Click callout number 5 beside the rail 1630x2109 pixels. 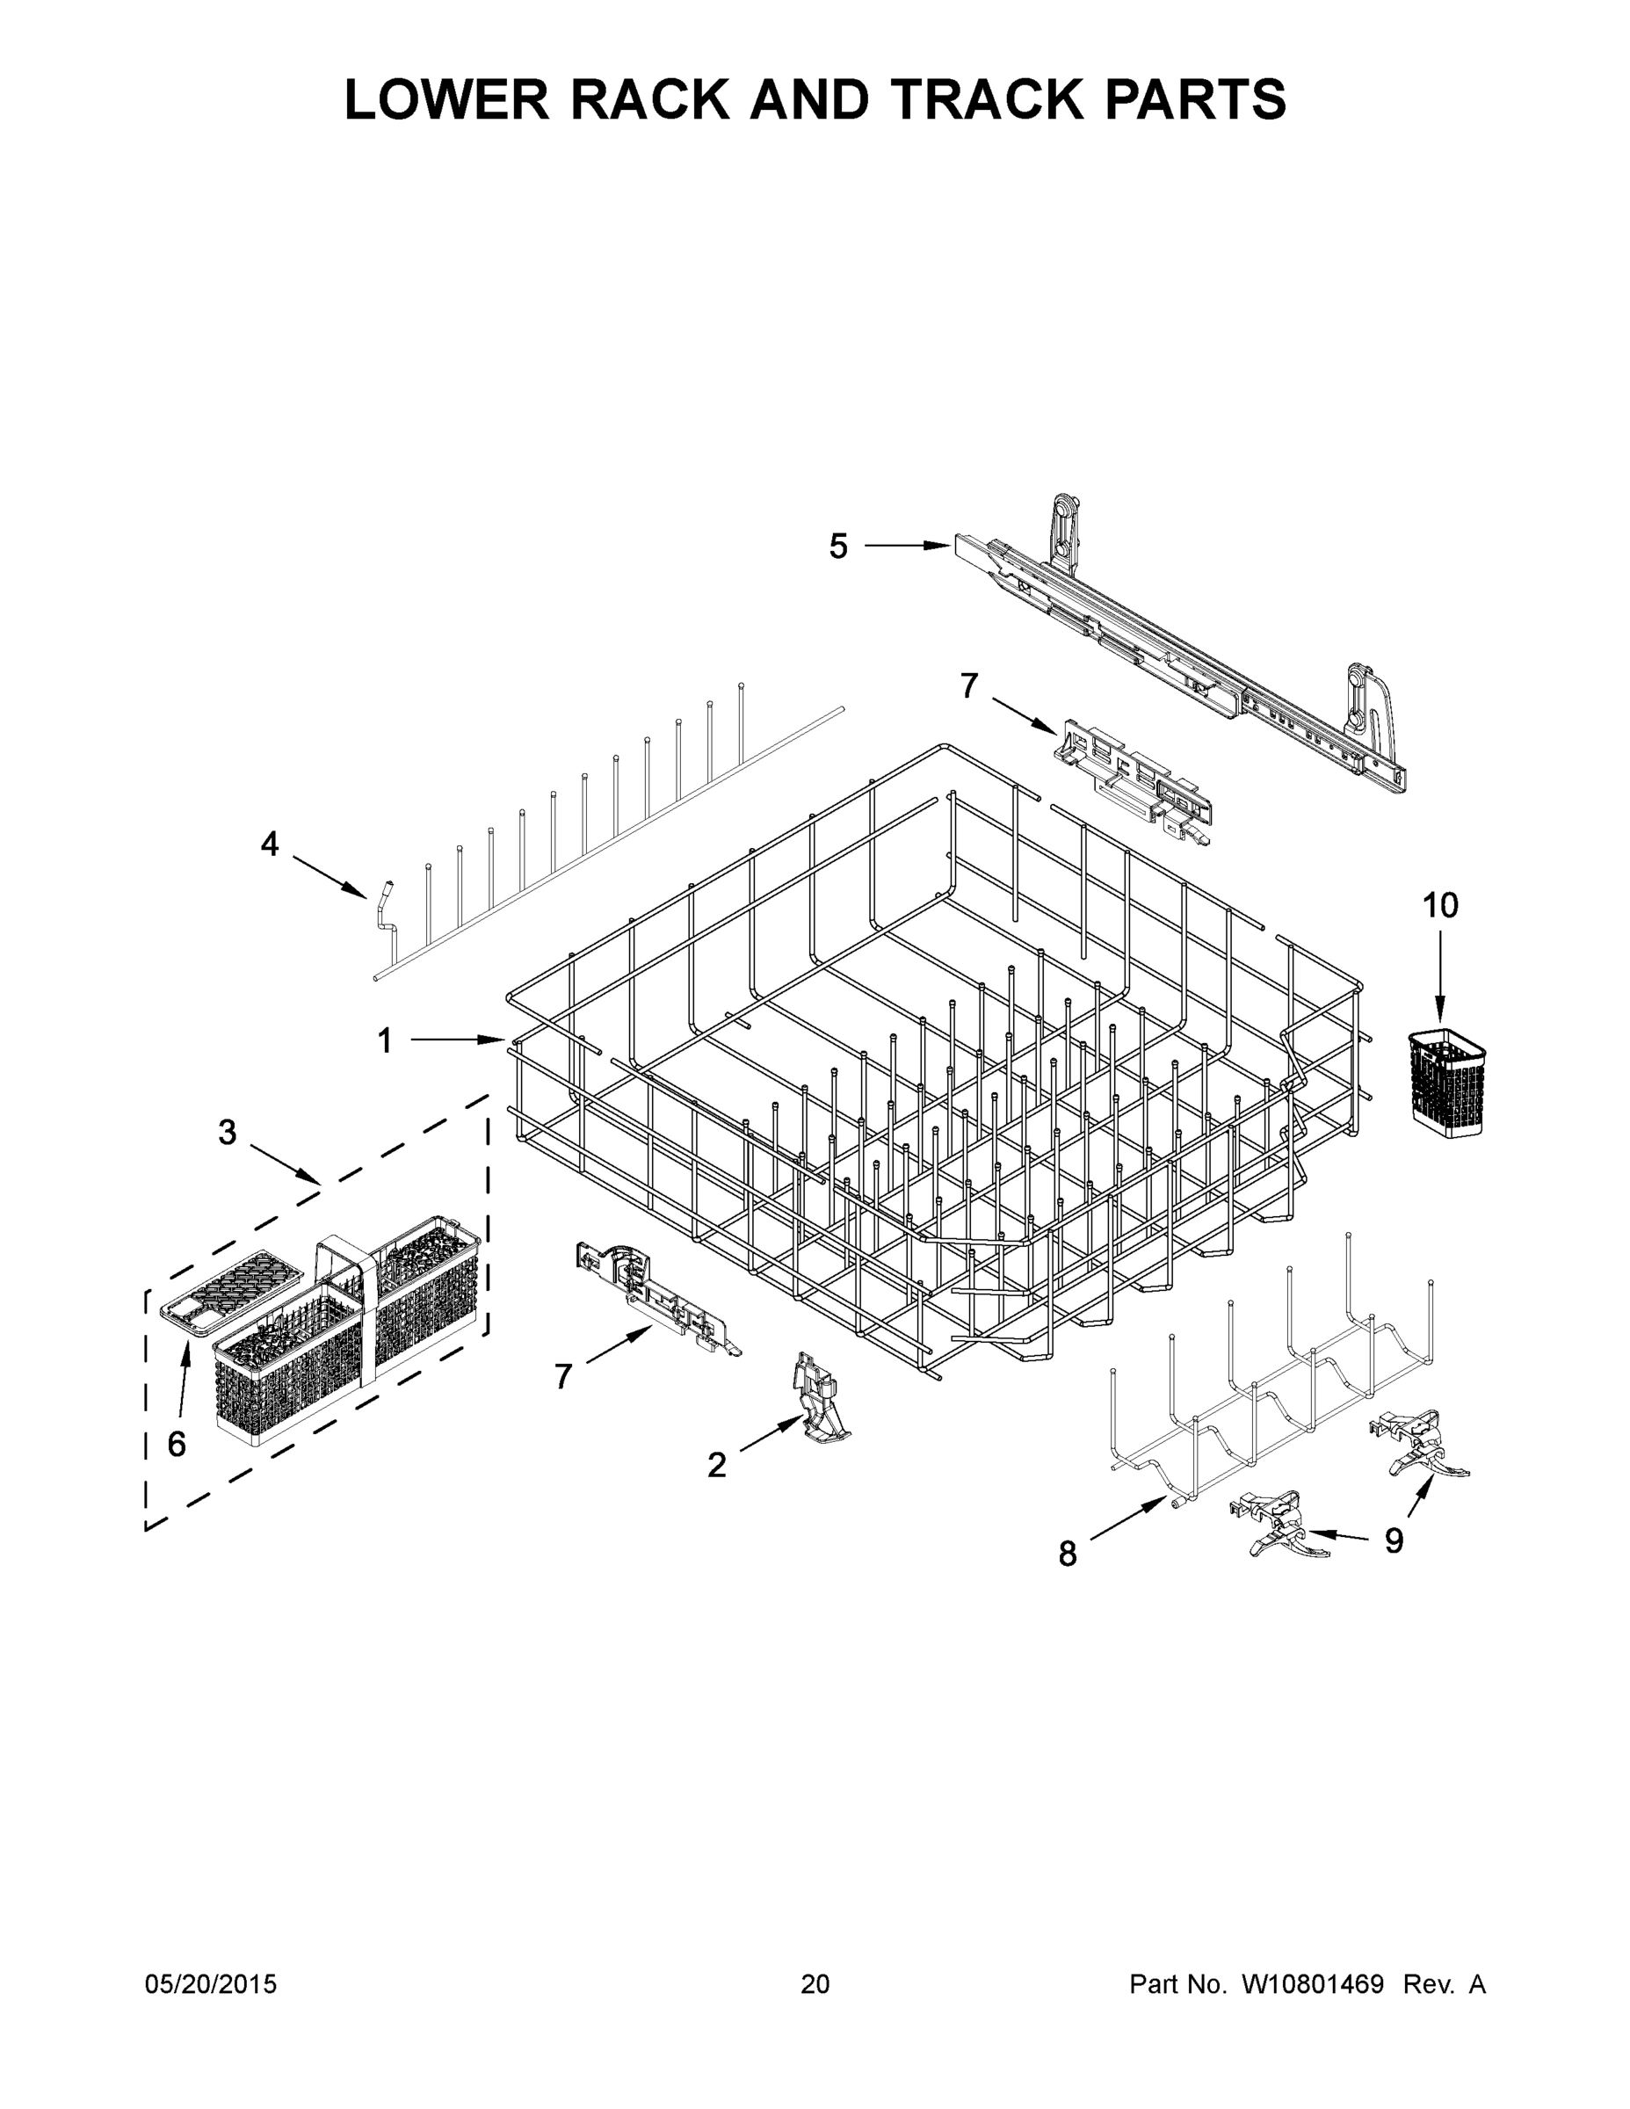click(x=838, y=547)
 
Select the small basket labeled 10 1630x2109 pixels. click(x=1446, y=1082)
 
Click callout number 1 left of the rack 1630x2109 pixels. click(x=384, y=1041)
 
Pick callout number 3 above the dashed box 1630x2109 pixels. click(x=227, y=1132)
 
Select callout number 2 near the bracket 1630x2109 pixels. click(x=715, y=1465)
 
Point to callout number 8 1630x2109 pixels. click(x=1067, y=1554)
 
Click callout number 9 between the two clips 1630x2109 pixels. click(x=1394, y=1540)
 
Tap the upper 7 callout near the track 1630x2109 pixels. click(x=968, y=685)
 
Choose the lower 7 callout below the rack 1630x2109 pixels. click(x=563, y=1376)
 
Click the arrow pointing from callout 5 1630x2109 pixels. click(x=908, y=547)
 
